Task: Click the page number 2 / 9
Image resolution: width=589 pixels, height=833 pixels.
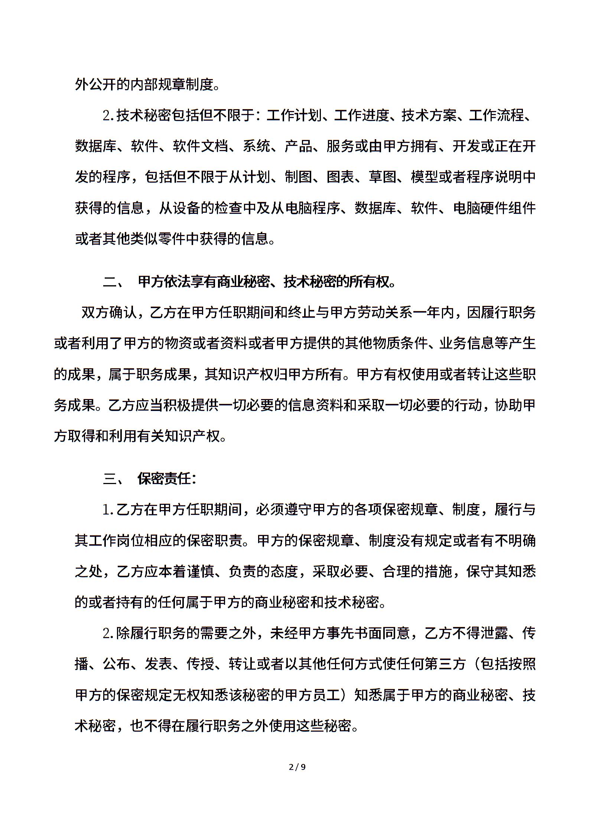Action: coord(297,767)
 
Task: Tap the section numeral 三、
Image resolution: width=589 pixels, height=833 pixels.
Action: coord(114,479)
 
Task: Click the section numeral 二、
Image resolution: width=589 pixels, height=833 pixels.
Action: coord(114,282)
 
